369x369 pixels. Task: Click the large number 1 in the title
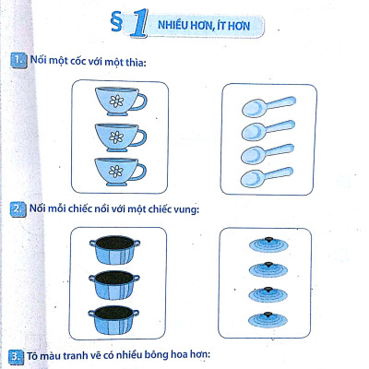point(137,25)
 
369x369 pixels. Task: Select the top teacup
point(117,99)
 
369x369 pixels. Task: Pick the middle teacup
point(117,137)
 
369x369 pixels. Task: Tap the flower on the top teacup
point(115,100)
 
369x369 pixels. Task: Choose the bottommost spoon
point(268,175)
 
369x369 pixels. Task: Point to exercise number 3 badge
point(16,356)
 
